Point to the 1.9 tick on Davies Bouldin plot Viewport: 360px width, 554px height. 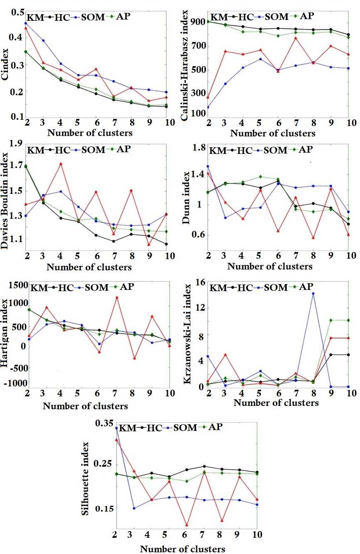point(17,144)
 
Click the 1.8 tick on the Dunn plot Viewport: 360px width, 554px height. point(200,148)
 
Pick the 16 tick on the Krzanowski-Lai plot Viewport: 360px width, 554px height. point(201,282)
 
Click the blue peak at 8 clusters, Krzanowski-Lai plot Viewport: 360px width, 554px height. point(313,293)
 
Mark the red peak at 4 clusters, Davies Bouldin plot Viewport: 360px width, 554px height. point(61,163)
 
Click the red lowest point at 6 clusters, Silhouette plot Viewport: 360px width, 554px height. point(187,525)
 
